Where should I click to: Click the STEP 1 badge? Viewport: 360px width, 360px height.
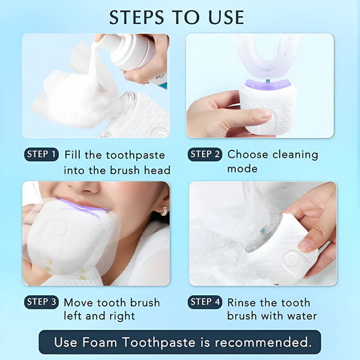(41, 154)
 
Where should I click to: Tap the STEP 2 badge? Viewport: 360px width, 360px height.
(205, 154)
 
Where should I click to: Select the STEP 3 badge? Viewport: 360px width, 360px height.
(41, 302)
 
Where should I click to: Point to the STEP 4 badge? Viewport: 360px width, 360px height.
(205, 302)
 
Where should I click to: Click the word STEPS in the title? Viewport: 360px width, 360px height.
(137, 17)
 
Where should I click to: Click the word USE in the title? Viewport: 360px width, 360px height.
(226, 17)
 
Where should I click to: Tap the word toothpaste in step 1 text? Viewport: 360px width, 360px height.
(136, 155)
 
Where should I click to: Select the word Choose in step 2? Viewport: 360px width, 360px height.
(248, 154)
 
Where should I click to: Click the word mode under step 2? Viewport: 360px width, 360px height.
(242, 169)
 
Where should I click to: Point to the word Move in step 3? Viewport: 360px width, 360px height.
(79, 302)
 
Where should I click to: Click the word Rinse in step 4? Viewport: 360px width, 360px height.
(242, 302)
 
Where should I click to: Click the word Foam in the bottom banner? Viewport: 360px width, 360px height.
(100, 342)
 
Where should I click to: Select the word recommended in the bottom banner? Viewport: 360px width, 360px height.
(263, 342)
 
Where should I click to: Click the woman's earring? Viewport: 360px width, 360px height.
(164, 211)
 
